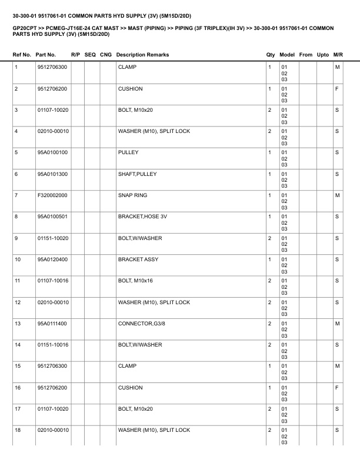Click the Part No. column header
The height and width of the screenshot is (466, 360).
click(x=46, y=55)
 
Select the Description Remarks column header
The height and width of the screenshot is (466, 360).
click(x=142, y=55)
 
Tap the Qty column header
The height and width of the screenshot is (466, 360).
click(x=271, y=55)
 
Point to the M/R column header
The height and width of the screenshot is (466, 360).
click(x=338, y=55)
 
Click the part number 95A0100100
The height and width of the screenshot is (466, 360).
click(x=53, y=152)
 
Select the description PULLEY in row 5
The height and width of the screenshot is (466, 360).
click(x=128, y=152)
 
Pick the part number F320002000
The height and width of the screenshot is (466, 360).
click(x=53, y=195)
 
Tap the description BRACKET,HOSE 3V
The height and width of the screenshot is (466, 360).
click(x=142, y=217)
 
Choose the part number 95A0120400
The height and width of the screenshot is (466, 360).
click(x=53, y=259)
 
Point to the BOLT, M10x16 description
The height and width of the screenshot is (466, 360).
click(x=135, y=281)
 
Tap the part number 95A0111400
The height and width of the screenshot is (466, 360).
click(x=53, y=323)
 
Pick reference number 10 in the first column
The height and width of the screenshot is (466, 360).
click(x=18, y=259)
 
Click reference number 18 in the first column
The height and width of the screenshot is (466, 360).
click(x=18, y=430)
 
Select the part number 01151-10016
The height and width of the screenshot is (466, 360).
click(x=53, y=344)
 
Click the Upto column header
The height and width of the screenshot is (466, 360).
click(x=323, y=55)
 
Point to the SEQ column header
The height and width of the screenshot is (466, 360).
click(x=90, y=55)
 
